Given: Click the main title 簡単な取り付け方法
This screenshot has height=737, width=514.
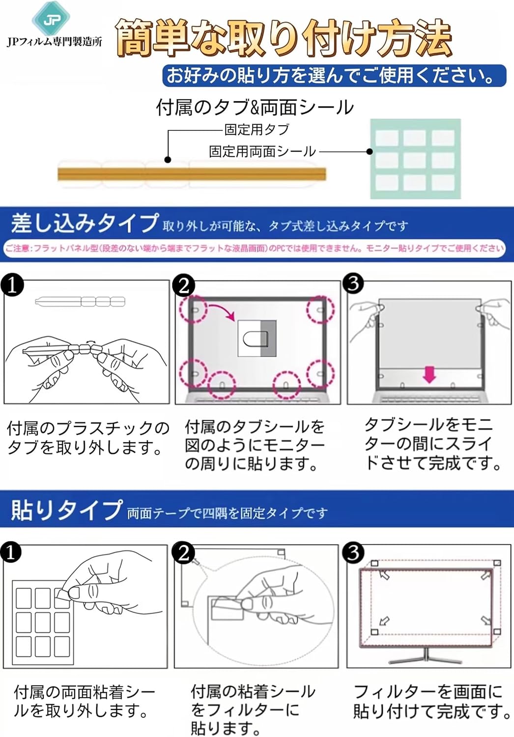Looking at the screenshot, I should pyautogui.click(x=284, y=38).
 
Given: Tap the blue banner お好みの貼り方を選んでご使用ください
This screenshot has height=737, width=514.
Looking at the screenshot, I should pyautogui.click(x=334, y=76).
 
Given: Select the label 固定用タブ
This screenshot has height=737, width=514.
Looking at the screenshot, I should pyautogui.click(x=257, y=130).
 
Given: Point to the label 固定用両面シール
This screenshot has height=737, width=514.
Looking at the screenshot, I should pyautogui.click(x=262, y=151).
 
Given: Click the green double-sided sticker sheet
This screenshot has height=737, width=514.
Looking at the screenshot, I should pyautogui.click(x=415, y=159).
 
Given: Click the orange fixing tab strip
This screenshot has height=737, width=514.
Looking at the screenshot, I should pyautogui.click(x=192, y=174).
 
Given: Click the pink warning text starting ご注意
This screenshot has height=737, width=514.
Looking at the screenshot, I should pyautogui.click(x=255, y=248).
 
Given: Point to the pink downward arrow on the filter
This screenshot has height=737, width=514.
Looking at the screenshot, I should pyautogui.click(x=430, y=375).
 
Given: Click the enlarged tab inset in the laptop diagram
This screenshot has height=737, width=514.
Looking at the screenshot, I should pyautogui.click(x=257, y=339).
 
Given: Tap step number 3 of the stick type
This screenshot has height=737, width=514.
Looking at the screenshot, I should pyautogui.click(x=353, y=553).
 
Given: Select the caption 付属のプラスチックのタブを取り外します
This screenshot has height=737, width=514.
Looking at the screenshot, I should pyautogui.click(x=87, y=437).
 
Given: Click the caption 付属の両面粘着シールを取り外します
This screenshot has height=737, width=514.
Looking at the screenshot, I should pyautogui.click(x=84, y=701).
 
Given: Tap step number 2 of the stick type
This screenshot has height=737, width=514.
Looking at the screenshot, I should pyautogui.click(x=184, y=553).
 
